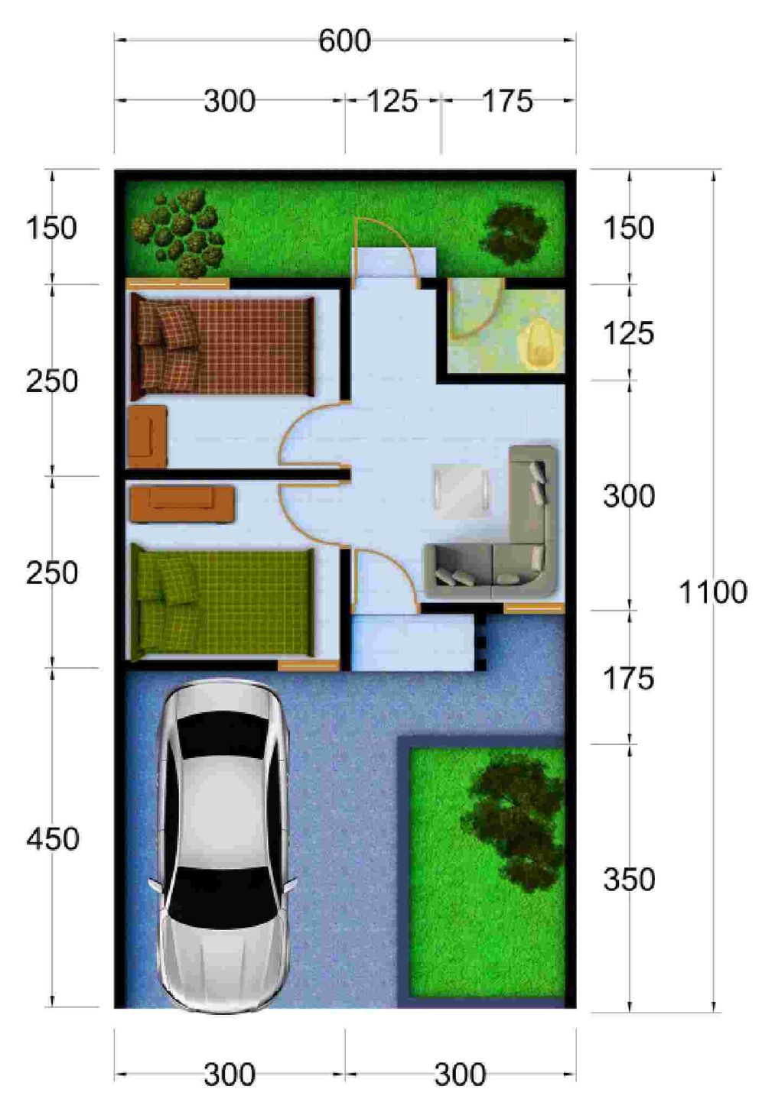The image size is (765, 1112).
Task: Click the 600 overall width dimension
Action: pos(344,41)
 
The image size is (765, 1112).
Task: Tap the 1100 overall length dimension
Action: pos(713,592)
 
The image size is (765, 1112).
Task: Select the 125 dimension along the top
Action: pos(392,101)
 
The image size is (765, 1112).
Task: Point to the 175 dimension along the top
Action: pos(507,101)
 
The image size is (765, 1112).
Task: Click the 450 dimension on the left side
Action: pos(52,839)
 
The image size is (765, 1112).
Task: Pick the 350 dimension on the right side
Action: pos(629,879)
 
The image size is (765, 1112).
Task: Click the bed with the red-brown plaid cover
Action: pos(222,349)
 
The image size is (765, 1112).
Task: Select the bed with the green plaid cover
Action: pos(222,602)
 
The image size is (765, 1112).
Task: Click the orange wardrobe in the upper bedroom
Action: pos(147,436)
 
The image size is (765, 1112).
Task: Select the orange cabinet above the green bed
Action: pos(182,504)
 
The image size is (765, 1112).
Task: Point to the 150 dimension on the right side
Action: pos(629,229)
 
